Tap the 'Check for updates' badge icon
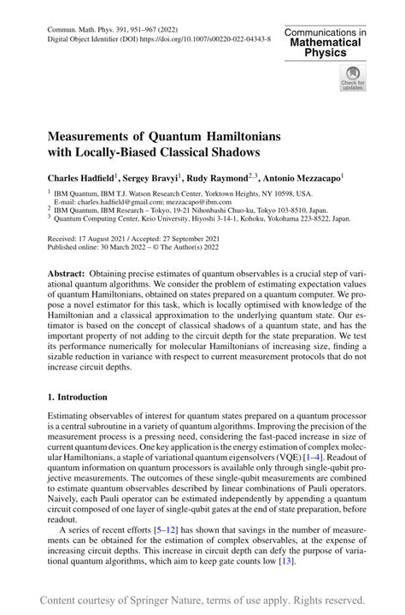[x=352, y=79]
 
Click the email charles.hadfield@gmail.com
[x=112, y=204]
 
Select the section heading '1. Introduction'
[x=78, y=397]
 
